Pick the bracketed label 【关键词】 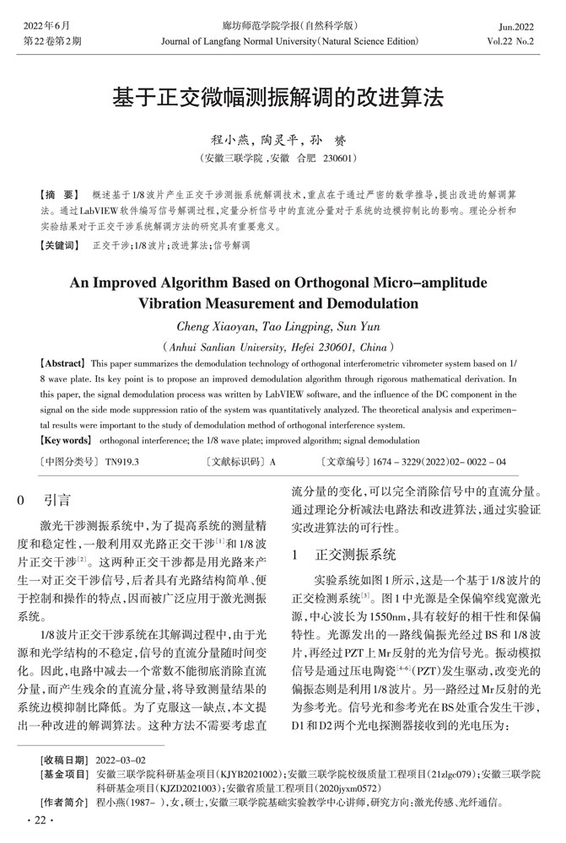click(58, 245)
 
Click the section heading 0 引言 click(46, 500)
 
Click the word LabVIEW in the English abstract click(312, 394)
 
